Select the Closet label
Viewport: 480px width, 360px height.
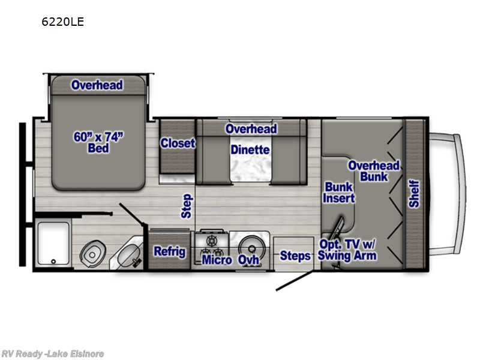tap(178, 143)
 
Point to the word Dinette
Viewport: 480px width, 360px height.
tap(250, 150)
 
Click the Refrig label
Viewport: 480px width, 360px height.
tap(170, 251)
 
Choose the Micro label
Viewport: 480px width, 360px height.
tap(217, 260)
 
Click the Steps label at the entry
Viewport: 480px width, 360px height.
tap(296, 256)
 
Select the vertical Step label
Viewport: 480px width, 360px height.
tap(187, 205)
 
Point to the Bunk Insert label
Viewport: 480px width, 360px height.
tap(339, 192)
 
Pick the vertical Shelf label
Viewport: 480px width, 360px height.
tap(415, 194)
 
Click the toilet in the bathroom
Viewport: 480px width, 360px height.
tap(93, 254)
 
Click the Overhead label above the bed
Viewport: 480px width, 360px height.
tap(97, 85)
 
